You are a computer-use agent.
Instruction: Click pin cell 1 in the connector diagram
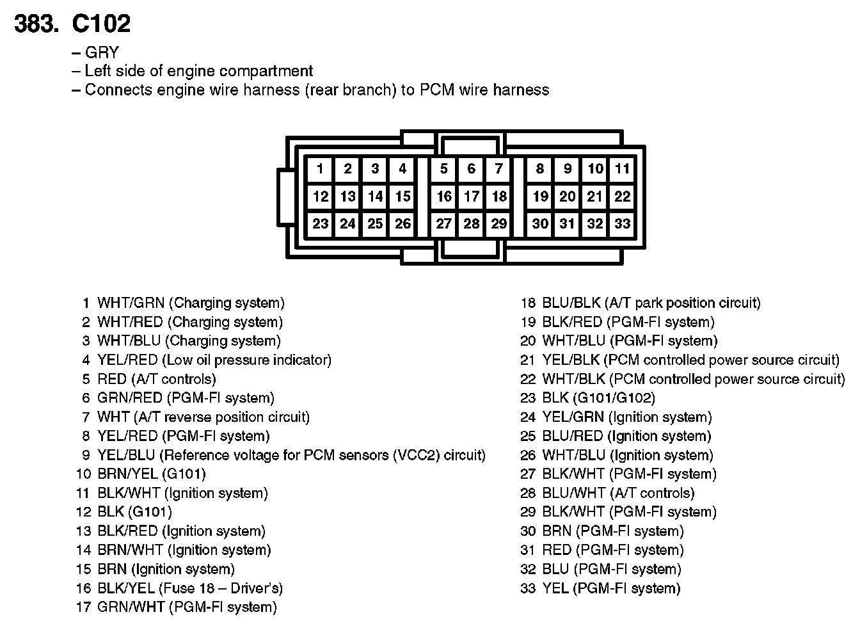tap(320, 169)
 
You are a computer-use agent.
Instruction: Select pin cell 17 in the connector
tap(472, 197)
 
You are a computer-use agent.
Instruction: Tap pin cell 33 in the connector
tap(622, 223)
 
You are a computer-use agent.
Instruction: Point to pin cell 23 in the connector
tap(320, 223)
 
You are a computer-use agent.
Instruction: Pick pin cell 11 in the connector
tap(622, 169)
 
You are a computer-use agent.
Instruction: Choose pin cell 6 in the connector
tap(472, 169)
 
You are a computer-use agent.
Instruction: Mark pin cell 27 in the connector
tap(444, 223)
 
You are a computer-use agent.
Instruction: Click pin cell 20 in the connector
tap(568, 197)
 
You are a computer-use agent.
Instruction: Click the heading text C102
tap(101, 24)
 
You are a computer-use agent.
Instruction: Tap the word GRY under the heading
tap(102, 52)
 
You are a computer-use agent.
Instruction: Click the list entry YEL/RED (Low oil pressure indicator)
tap(214, 360)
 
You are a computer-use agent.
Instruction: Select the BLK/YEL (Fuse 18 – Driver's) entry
tap(190, 588)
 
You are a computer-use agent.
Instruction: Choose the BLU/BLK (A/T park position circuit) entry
tap(651, 303)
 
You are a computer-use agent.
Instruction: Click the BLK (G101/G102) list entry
tap(599, 398)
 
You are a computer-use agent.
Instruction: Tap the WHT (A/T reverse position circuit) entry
tap(203, 417)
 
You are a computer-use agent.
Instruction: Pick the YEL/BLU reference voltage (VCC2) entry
tap(291, 455)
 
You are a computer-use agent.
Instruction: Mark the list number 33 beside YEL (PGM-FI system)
tap(528, 588)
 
